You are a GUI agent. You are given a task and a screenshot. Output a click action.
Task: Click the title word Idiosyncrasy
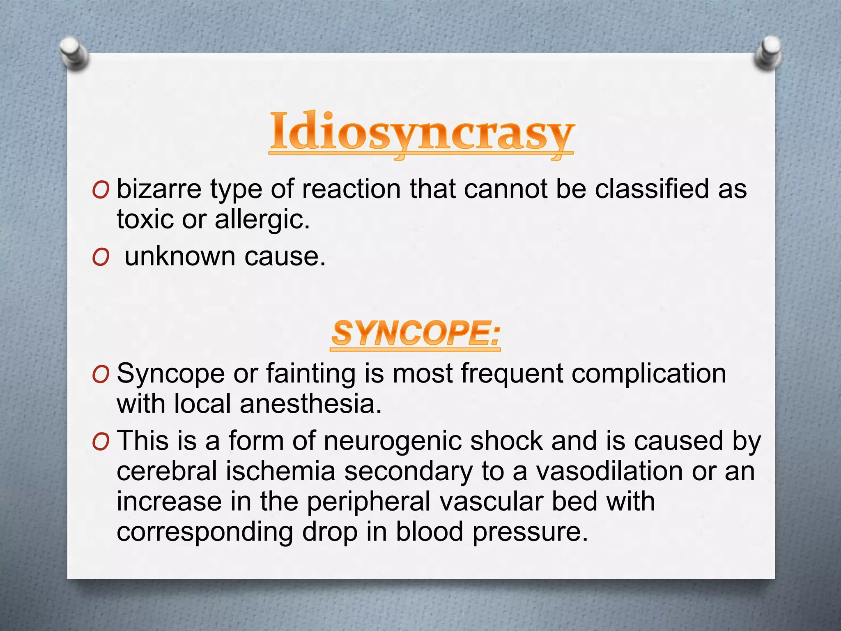421,132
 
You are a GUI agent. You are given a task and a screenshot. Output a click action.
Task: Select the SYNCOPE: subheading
416,333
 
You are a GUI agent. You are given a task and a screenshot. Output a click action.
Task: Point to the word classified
652,189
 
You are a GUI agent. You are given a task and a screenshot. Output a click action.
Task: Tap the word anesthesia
310,404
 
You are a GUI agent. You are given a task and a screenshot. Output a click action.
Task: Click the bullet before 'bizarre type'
100,191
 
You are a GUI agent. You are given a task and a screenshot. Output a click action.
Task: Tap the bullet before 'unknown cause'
100,258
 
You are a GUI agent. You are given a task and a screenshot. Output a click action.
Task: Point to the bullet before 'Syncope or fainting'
100,375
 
